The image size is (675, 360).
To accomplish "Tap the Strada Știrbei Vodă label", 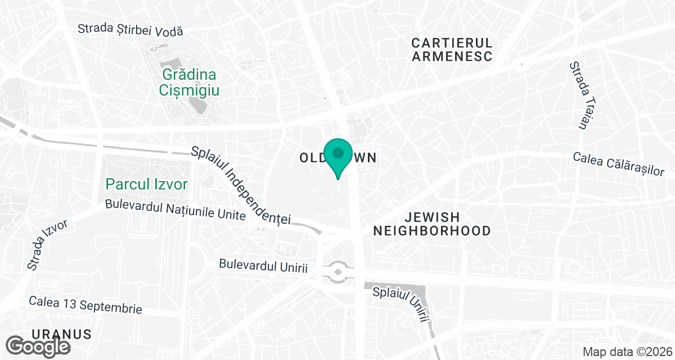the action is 130,30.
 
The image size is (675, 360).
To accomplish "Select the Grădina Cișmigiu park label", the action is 189,82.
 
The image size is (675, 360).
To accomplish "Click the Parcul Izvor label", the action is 147,184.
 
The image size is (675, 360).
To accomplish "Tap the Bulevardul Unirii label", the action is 263,265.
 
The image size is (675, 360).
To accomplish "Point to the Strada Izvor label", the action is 47,243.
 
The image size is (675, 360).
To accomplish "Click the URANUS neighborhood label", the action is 62,334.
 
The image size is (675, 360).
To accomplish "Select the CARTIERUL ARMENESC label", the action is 452,49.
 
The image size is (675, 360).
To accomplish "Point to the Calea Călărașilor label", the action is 619,164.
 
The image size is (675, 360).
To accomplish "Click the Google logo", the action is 39,345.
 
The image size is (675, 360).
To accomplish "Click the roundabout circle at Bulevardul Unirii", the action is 337,273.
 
